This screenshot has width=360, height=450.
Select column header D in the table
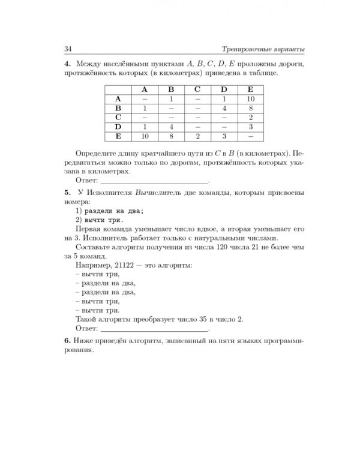click(223, 89)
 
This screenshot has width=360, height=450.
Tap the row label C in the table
click(118, 118)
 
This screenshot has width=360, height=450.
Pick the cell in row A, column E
click(250, 98)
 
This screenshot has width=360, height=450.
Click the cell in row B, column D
click(223, 108)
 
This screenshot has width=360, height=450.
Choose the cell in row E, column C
click(197, 137)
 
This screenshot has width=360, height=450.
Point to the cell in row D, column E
click(250, 127)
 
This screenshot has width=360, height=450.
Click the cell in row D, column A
click(145, 127)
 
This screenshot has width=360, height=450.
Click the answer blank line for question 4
click(154, 181)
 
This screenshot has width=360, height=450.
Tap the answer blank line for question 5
click(154, 329)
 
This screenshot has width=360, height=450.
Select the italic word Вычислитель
click(158, 193)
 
